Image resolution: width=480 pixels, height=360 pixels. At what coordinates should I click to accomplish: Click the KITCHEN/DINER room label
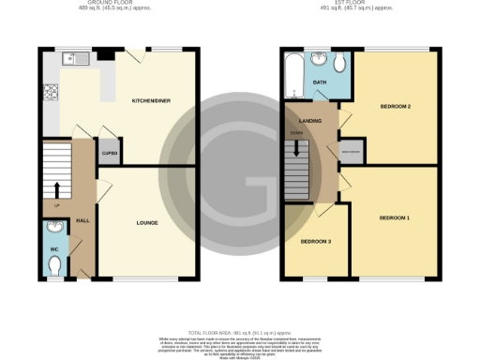pos(151,99)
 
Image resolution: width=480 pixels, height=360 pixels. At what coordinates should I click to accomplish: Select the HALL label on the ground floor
pos(82,220)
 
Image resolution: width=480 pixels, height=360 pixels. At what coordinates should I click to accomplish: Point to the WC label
pos(53,248)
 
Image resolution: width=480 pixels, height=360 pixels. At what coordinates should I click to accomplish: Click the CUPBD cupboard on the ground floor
pos(110,153)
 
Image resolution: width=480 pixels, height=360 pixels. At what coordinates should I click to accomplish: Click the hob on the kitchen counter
pos(49,94)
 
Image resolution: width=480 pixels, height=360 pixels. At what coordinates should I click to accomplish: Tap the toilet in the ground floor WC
pos(56,266)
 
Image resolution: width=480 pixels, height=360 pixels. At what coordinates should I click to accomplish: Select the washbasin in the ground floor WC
pos(54,228)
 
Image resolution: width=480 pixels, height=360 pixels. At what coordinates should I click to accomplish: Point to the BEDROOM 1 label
pos(395,217)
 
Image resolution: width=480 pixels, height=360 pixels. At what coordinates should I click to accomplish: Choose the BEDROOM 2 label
pos(397,106)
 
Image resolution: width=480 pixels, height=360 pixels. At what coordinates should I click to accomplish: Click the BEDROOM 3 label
pos(315,241)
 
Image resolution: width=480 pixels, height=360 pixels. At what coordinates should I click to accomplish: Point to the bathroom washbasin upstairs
pos(319,62)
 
